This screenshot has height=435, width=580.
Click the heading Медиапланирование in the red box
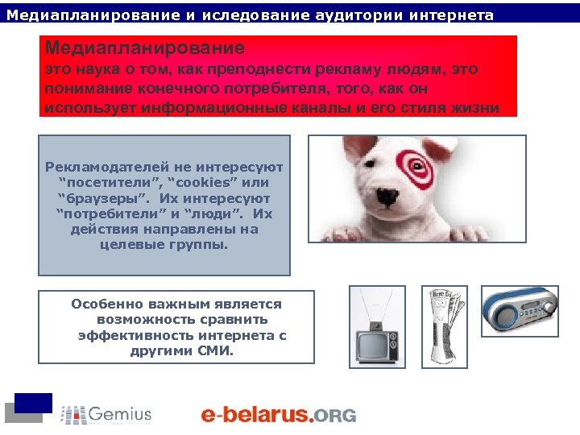[145, 48]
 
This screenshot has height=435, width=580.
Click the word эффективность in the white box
[127, 335]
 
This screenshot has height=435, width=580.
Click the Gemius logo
[106, 414]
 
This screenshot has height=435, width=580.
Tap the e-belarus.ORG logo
[278, 414]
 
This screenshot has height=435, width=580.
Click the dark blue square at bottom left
[33, 403]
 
